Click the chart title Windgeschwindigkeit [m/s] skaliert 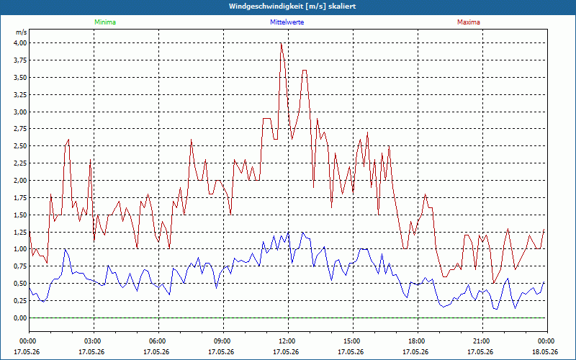(292, 6)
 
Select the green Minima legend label (105, 22)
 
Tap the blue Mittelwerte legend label (287, 22)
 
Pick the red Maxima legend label (469, 22)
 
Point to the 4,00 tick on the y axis (20, 43)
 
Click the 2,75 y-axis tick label (20, 129)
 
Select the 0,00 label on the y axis (20, 318)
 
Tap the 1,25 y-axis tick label (20, 232)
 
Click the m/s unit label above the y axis (22, 32)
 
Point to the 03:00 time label (94, 341)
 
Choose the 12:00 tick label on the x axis (288, 341)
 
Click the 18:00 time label (418, 341)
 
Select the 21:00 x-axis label (482, 341)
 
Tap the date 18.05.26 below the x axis (545, 352)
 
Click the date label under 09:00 (221, 352)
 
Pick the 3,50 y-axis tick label (20, 78)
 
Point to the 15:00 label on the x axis (353, 341)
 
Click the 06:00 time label (158, 341)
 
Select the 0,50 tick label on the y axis (20, 284)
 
